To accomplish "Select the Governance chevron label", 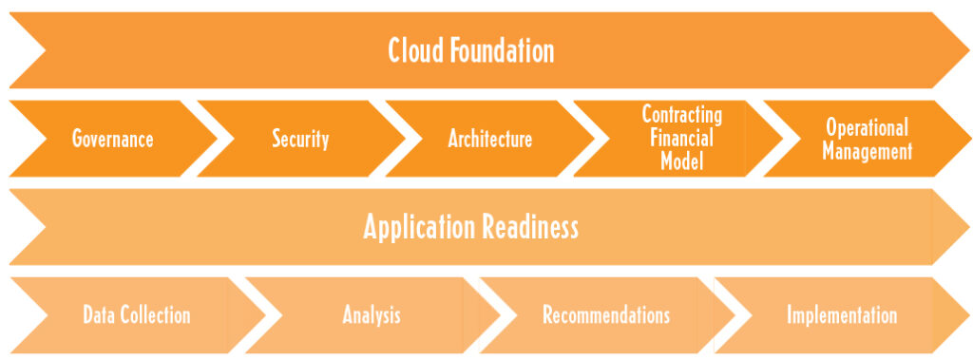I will (x=113, y=139).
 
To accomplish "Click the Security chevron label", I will (x=300, y=139).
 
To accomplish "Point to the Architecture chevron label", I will (x=489, y=139).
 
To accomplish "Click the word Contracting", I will (x=682, y=115).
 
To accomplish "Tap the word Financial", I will (x=681, y=139).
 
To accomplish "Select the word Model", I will (x=682, y=161).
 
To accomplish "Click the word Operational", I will (x=867, y=127).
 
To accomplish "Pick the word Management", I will (x=867, y=150).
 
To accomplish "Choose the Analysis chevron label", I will (x=372, y=315).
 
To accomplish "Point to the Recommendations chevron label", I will (x=606, y=315).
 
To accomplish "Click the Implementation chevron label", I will (x=841, y=315).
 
